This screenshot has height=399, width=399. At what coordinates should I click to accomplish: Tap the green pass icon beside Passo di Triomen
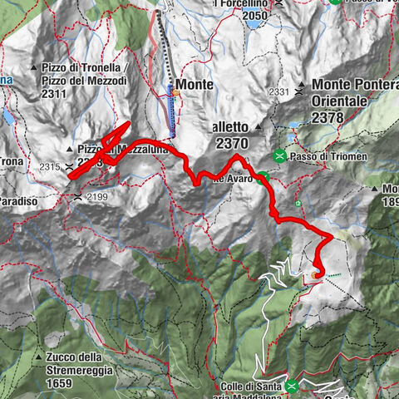281,155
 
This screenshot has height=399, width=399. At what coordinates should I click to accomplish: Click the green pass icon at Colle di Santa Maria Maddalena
292,386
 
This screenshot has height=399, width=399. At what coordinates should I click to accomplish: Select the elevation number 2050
256,15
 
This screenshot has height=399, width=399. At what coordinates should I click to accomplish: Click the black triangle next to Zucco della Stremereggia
39,357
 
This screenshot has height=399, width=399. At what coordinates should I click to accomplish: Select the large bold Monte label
195,84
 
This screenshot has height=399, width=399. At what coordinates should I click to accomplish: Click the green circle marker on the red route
263,176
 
